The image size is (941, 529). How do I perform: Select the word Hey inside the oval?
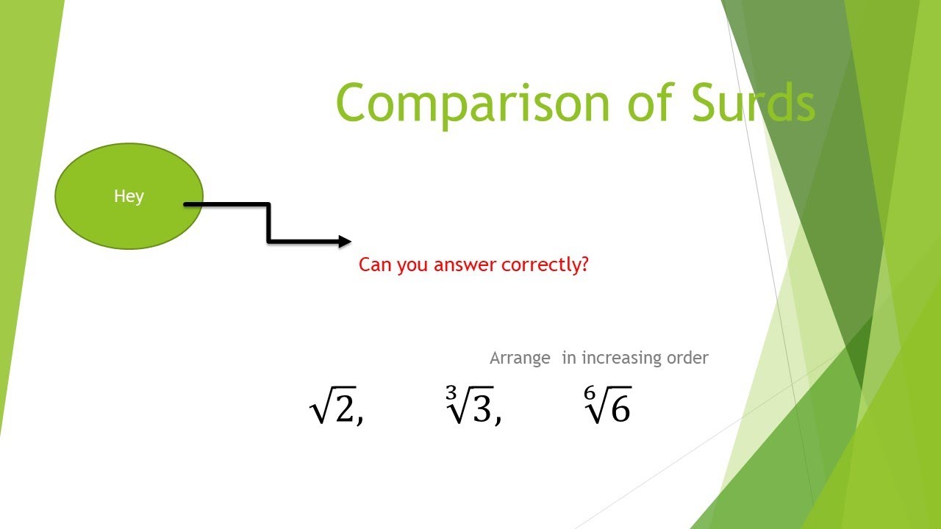(129, 196)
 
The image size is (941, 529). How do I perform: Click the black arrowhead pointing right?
(344, 240)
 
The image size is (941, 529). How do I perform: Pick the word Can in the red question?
(375, 264)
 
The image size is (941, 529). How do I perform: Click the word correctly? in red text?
(545, 265)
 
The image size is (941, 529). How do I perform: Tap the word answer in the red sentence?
(465, 265)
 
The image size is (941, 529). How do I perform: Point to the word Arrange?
(520, 359)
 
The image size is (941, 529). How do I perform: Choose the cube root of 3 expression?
(470, 406)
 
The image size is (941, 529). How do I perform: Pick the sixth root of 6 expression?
(607, 406)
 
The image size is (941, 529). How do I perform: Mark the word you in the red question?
(413, 265)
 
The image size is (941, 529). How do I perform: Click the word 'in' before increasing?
(569, 358)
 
